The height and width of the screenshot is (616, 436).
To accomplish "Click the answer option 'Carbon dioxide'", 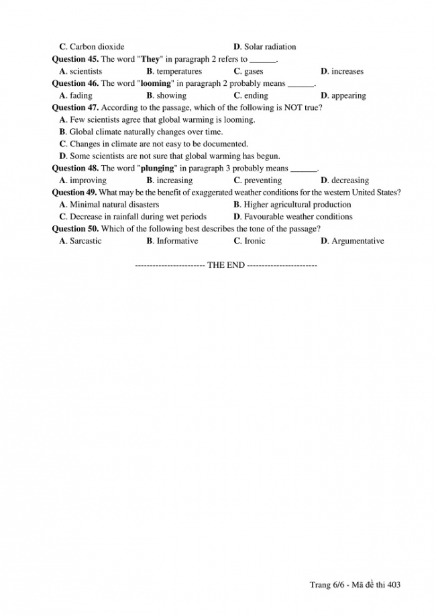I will (x=97, y=47).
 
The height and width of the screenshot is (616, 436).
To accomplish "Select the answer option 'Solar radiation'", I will (x=270, y=47).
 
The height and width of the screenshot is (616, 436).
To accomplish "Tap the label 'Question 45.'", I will (x=75, y=59).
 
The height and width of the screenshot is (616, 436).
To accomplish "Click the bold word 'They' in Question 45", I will (x=150, y=59).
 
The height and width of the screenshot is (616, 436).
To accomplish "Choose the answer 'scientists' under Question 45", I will (x=86, y=71).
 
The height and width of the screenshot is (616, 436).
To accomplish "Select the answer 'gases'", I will (x=254, y=71).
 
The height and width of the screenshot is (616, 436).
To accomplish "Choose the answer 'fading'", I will (x=81, y=96).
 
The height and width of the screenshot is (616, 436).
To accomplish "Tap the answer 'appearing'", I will (x=349, y=96).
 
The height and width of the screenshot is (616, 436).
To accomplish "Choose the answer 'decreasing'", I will (x=350, y=181).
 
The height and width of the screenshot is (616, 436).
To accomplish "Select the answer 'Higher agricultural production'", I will (x=297, y=205).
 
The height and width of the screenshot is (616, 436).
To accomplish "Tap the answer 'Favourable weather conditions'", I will (x=298, y=217).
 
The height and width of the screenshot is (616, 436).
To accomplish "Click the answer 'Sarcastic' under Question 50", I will (x=86, y=241).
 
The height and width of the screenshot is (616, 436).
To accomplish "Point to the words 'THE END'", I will (x=226, y=265).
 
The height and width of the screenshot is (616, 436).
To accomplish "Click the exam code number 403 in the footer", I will (x=394, y=585).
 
